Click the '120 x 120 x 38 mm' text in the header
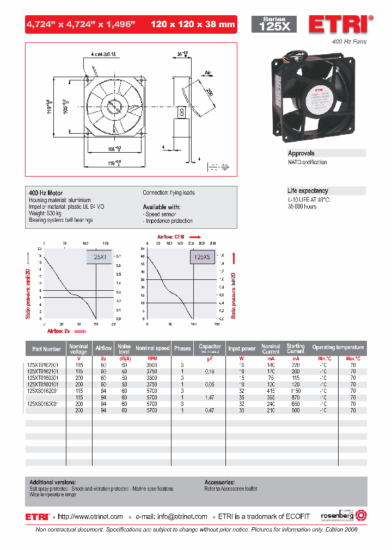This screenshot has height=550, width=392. pos(192,24)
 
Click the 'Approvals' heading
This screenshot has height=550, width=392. pos(301,153)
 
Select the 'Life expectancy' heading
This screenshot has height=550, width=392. pos(308,191)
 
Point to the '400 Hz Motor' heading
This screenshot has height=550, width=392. pos(46,193)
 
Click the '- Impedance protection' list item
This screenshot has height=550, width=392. pos(168,221)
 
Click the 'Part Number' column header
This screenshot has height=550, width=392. pos(46,348)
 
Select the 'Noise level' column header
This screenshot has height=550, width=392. pos(125,348)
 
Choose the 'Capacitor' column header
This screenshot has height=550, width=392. pos(210,346)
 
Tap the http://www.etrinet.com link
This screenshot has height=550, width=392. pos(90,516)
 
